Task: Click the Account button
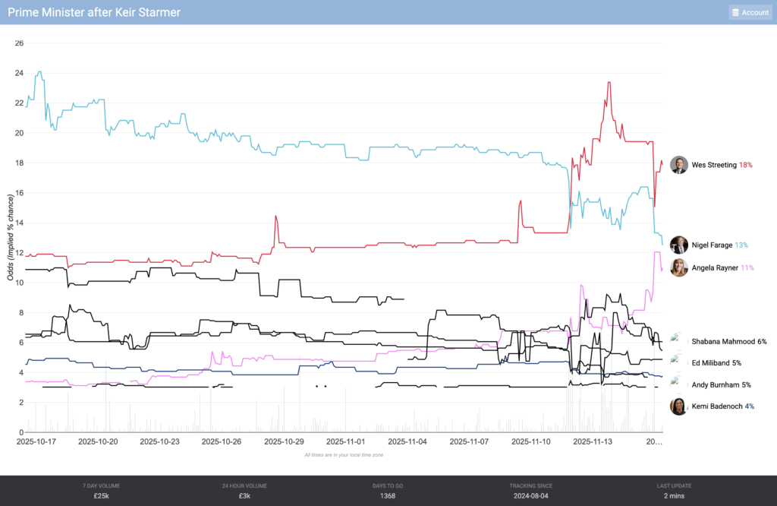[749, 12]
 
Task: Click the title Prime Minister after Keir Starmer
[94, 12]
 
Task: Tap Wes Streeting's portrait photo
[679, 165]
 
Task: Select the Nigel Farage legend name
[712, 245]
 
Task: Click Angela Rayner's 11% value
[747, 267]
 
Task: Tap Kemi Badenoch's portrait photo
[679, 406]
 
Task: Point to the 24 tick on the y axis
[19, 73]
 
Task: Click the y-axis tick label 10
[19, 283]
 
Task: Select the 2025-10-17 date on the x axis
[36, 441]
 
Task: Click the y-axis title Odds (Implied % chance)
[11, 237]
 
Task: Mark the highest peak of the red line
[609, 82]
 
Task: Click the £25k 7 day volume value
[102, 495]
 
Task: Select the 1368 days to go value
[388, 495]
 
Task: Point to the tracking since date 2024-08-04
[530, 495]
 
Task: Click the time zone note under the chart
[344, 454]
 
